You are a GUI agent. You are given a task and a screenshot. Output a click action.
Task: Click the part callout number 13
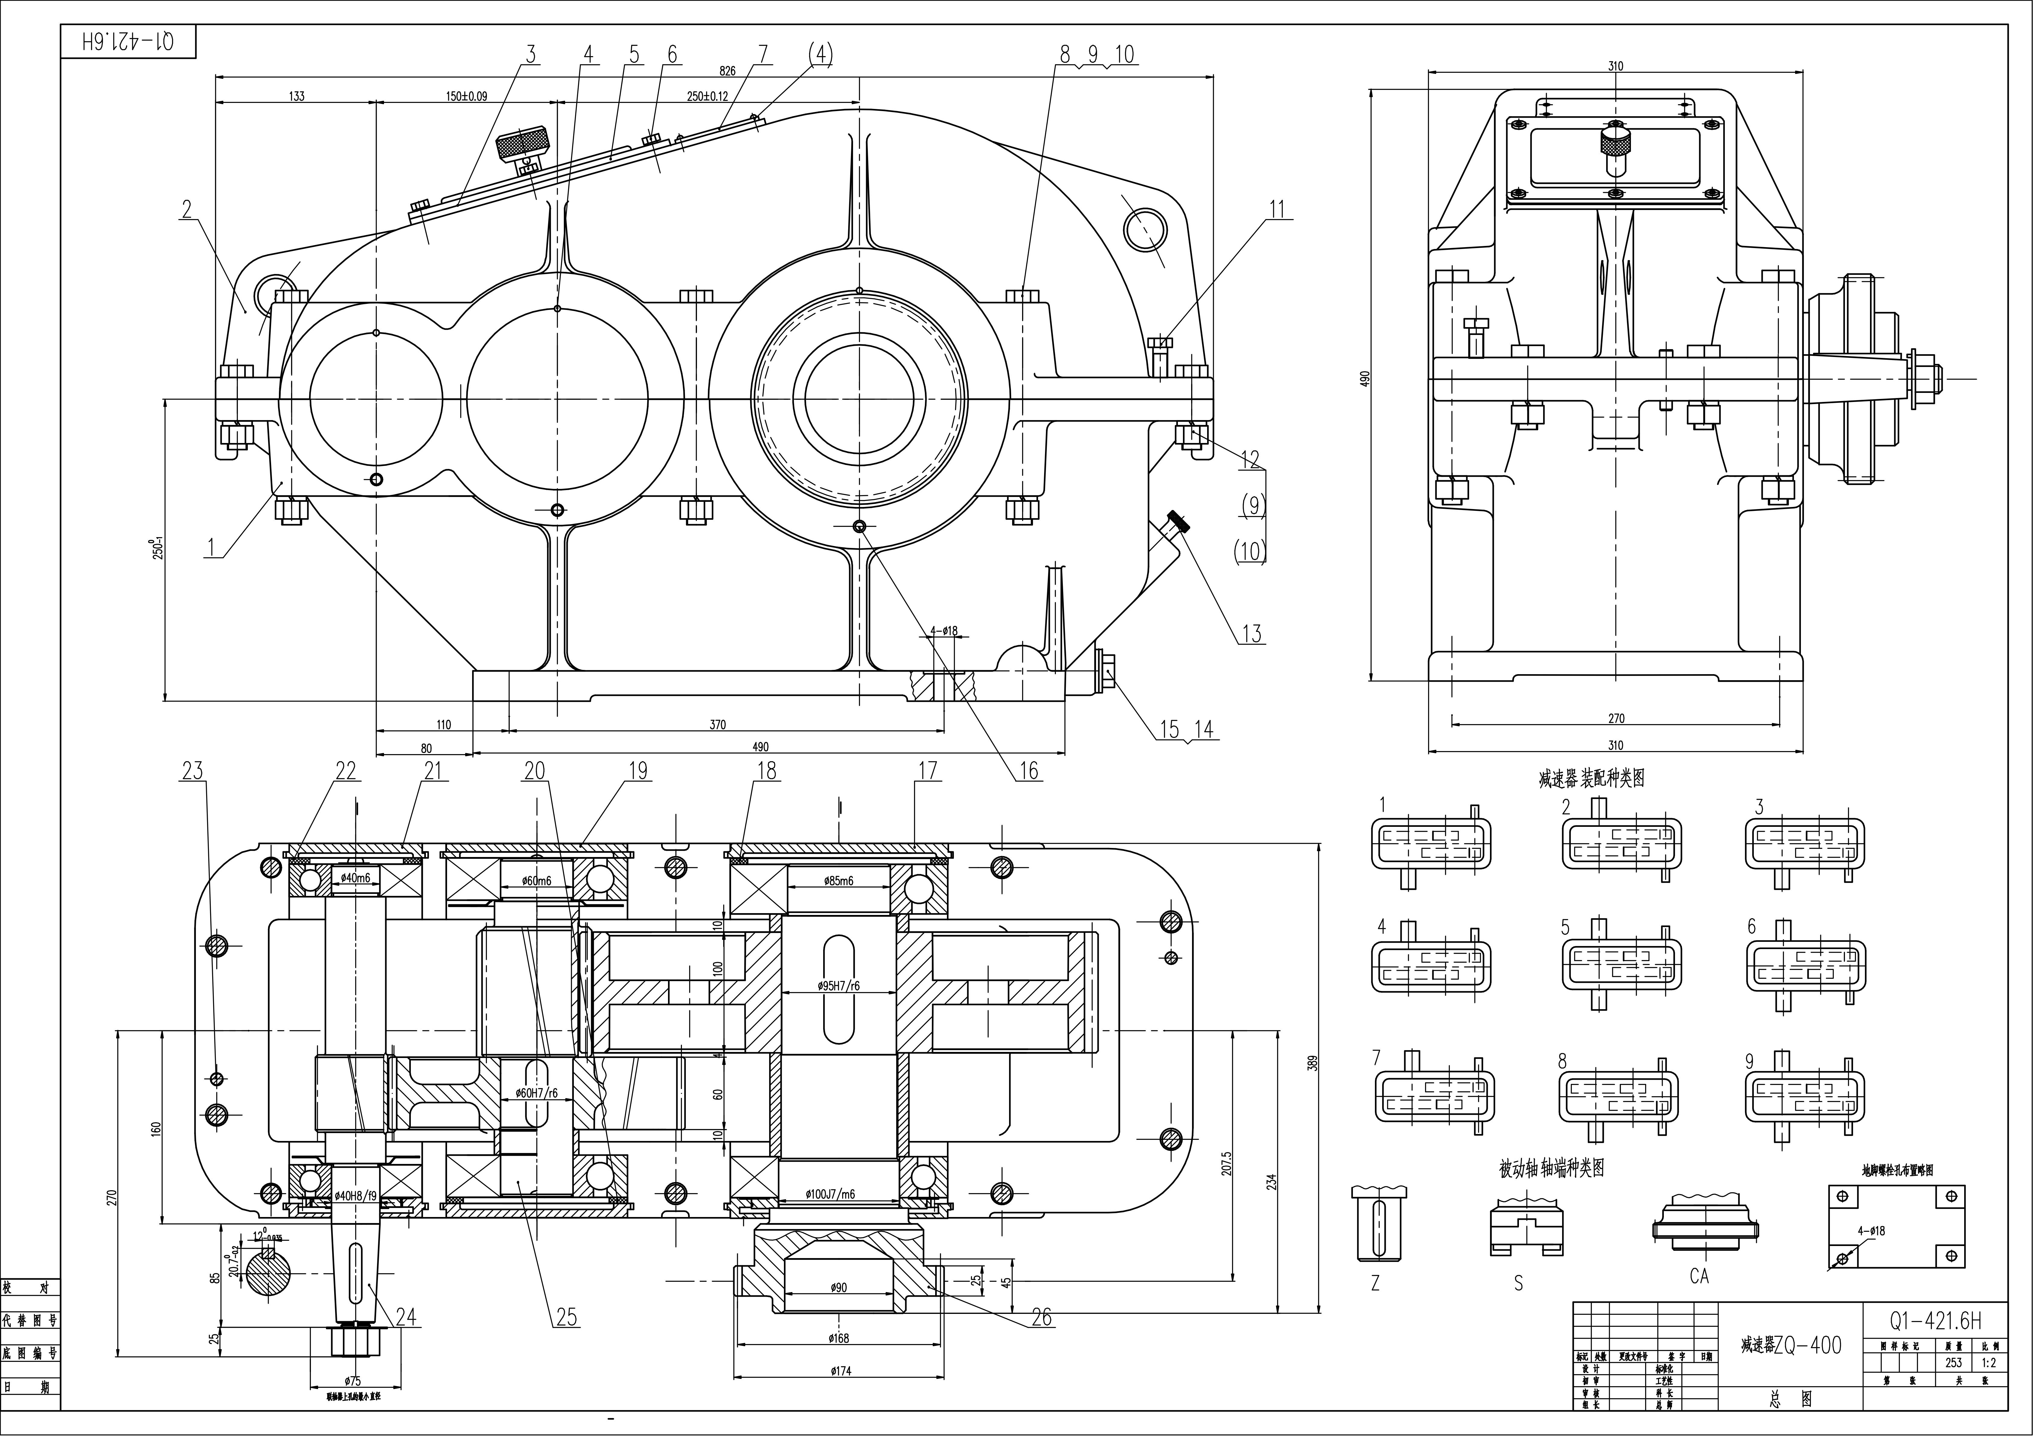[1251, 634]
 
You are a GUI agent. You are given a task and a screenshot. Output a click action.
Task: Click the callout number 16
[1028, 771]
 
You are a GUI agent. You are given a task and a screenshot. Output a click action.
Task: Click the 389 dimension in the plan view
[1314, 1063]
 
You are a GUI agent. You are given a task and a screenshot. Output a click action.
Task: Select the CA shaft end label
[1698, 1276]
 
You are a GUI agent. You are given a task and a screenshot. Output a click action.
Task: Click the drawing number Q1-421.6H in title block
[1935, 1322]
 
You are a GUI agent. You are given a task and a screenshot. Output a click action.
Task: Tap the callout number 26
[1042, 1318]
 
